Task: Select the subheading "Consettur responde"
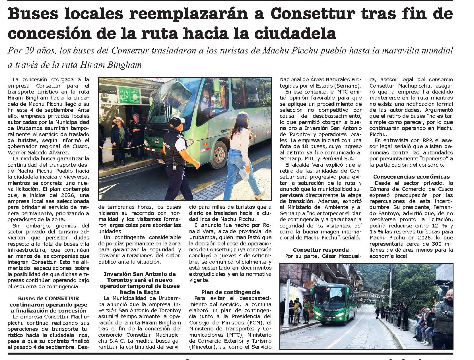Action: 321,250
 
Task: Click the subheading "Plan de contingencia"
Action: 230,292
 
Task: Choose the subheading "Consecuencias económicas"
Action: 411,177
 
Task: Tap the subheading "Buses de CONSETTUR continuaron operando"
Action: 48,301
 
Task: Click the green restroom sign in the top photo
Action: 129,95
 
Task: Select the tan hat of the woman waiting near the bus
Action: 118,120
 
